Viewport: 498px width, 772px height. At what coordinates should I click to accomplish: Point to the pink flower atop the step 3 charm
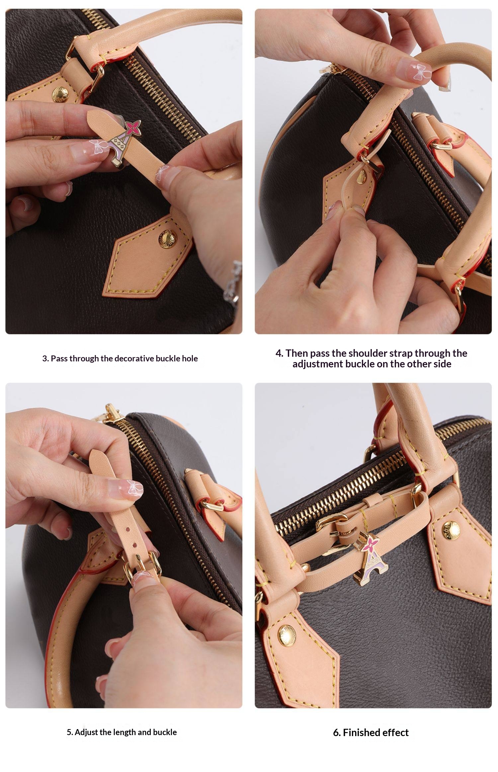(133, 126)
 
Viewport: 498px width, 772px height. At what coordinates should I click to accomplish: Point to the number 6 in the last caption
(336, 732)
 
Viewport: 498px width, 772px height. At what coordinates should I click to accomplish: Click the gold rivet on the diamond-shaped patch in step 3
(166, 238)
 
